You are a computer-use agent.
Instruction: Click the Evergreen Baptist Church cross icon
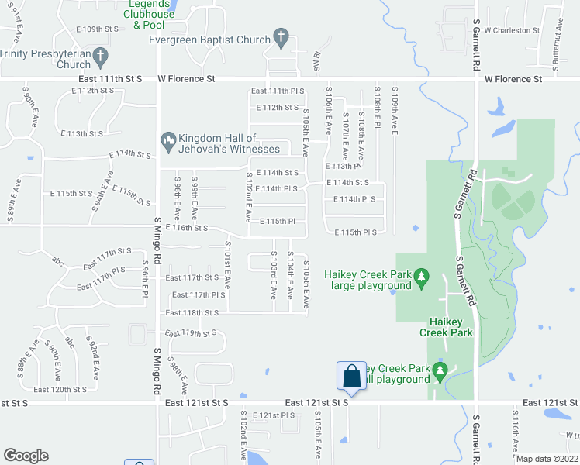click(x=281, y=38)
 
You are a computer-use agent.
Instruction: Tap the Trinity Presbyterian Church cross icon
click(x=99, y=56)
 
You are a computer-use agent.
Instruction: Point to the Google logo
click(x=26, y=456)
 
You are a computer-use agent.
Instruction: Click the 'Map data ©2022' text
click(x=547, y=459)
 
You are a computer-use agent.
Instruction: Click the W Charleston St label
click(x=511, y=30)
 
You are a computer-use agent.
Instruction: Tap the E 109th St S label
click(x=97, y=29)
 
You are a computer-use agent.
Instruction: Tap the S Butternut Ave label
click(x=558, y=35)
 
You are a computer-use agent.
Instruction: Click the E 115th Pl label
click(x=277, y=221)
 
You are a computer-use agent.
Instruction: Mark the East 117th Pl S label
click(x=198, y=294)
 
